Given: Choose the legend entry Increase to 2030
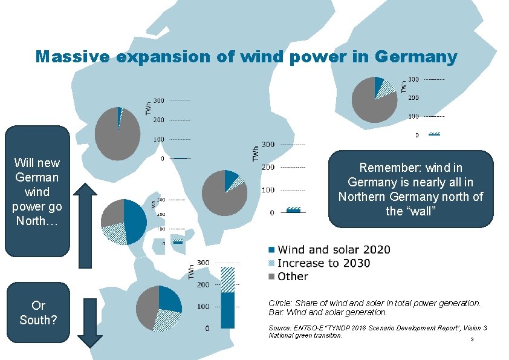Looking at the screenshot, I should point(323,263).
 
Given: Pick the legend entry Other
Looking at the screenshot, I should point(293,277).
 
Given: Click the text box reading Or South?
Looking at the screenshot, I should point(38,312).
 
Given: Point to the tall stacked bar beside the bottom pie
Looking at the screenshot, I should point(228,297).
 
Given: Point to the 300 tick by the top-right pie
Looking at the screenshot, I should point(413,79).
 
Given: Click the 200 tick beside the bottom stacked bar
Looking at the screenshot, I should point(203,284).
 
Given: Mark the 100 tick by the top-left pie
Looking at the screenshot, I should point(157,139).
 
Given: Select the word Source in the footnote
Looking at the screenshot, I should point(279,328).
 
